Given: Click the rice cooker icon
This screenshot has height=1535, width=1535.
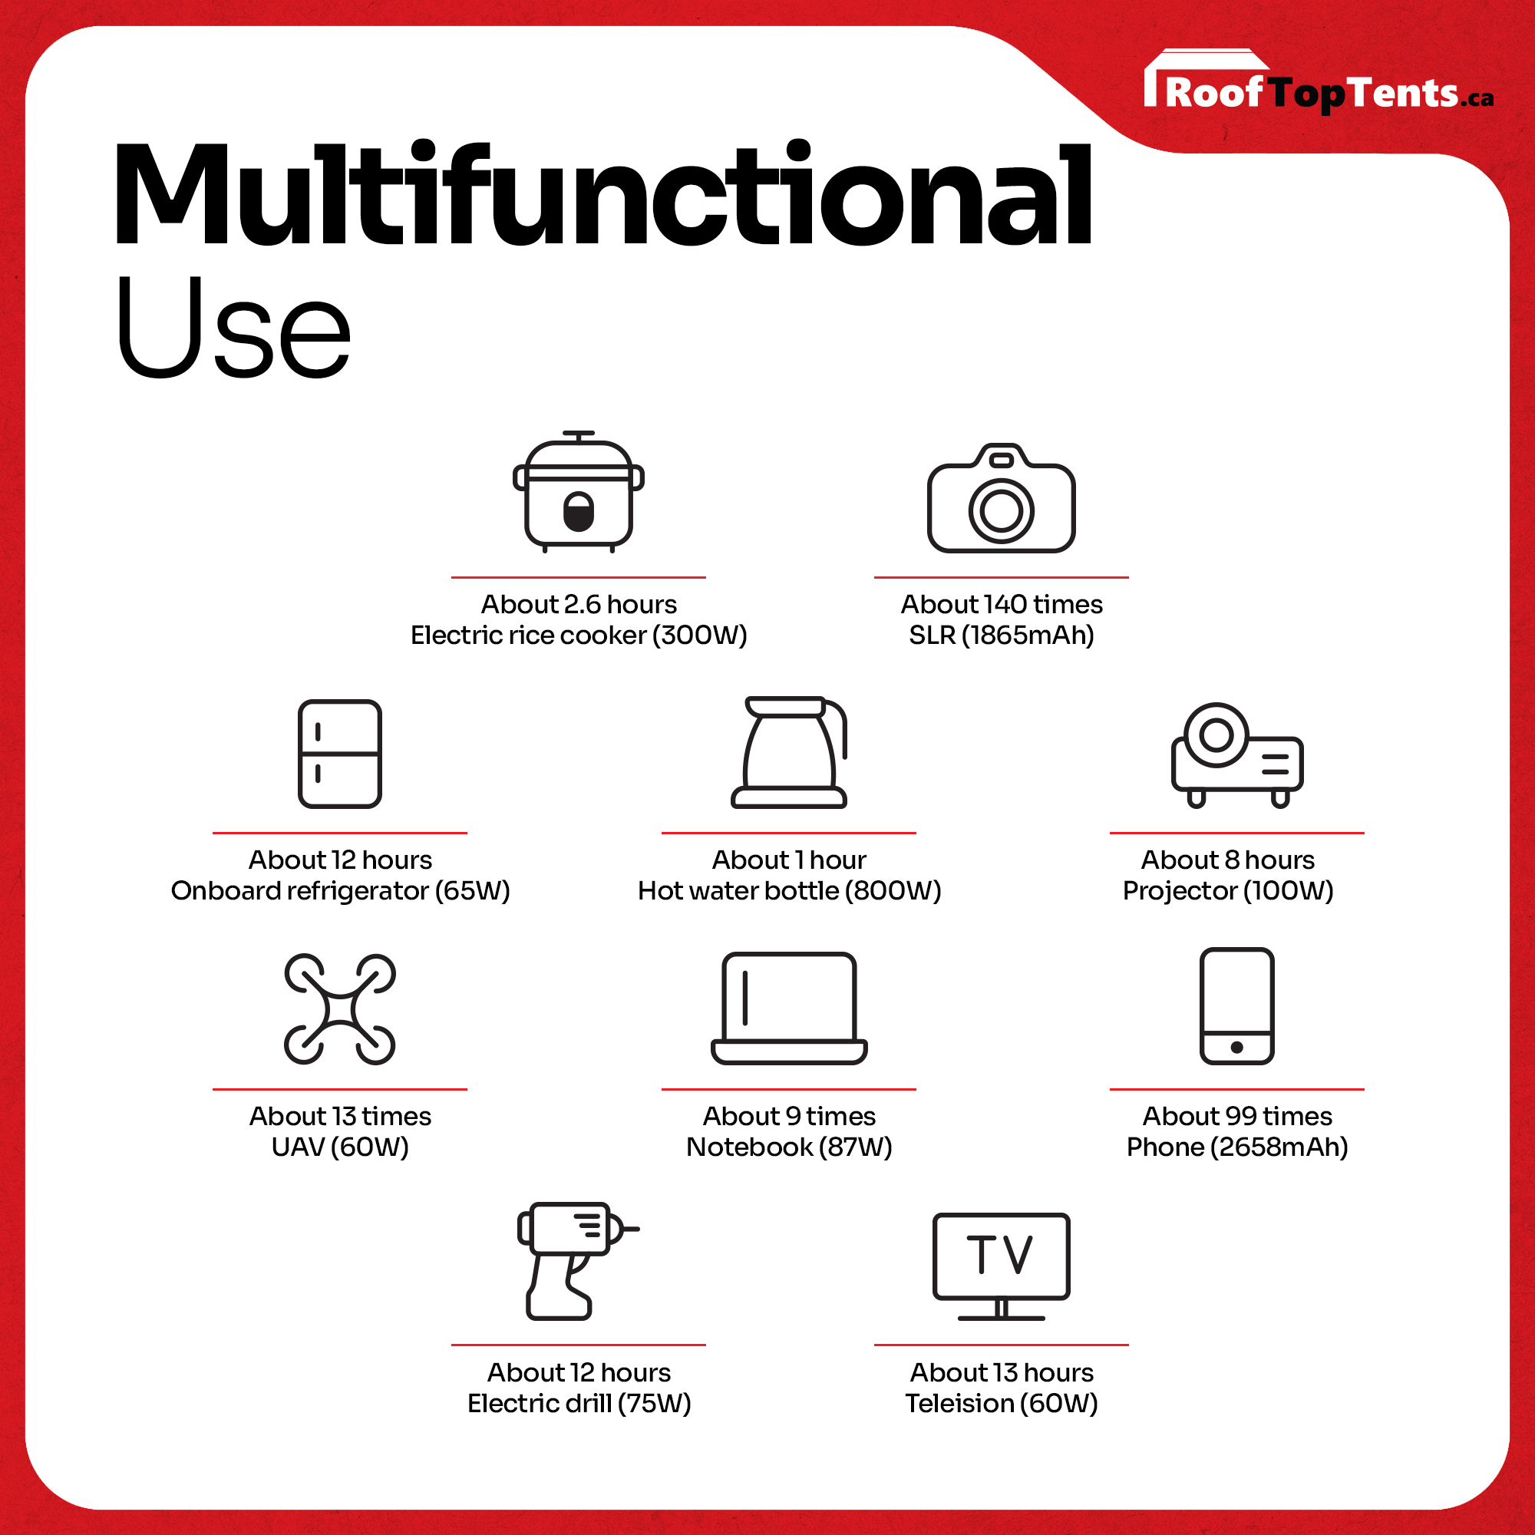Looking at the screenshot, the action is click(579, 492).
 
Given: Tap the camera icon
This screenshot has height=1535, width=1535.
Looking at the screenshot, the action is click(1001, 498).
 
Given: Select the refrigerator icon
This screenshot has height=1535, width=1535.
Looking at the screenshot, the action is click(340, 753).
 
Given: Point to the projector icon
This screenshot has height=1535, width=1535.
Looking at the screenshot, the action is click(1237, 754).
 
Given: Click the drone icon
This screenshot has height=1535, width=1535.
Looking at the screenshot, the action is click(340, 1009).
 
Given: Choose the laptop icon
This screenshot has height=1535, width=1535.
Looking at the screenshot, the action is click(789, 1008).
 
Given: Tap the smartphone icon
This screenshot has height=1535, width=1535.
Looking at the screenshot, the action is click(1237, 1006).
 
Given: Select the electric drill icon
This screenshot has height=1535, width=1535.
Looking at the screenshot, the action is click(578, 1262).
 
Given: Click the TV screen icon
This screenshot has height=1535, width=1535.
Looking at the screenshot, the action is click(1001, 1266).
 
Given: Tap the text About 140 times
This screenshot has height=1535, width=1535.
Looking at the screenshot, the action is click(1001, 605).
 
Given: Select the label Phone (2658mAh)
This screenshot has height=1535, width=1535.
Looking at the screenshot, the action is click(1237, 1147).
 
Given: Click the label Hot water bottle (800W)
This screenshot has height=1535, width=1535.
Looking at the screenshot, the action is click(789, 890).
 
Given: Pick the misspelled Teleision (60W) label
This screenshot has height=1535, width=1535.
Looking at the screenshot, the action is click(1001, 1403).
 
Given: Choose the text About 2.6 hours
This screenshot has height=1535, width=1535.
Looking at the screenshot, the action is click(579, 605).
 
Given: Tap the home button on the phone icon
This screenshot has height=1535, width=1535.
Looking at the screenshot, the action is click(1237, 1047).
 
